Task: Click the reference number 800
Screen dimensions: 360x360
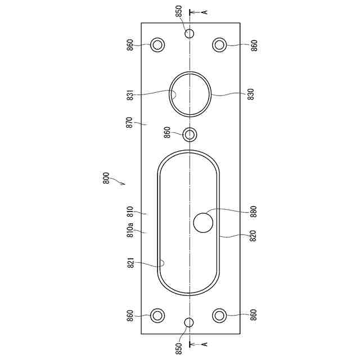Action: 106,178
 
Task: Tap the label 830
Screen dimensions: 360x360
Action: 251,94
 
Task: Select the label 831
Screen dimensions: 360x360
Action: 130,95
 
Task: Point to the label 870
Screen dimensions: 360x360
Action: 129,123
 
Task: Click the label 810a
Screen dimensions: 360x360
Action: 130,230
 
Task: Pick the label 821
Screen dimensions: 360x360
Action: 130,263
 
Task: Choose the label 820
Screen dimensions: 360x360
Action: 253,236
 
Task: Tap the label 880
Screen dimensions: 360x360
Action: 254,211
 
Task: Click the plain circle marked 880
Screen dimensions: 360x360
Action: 203,223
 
